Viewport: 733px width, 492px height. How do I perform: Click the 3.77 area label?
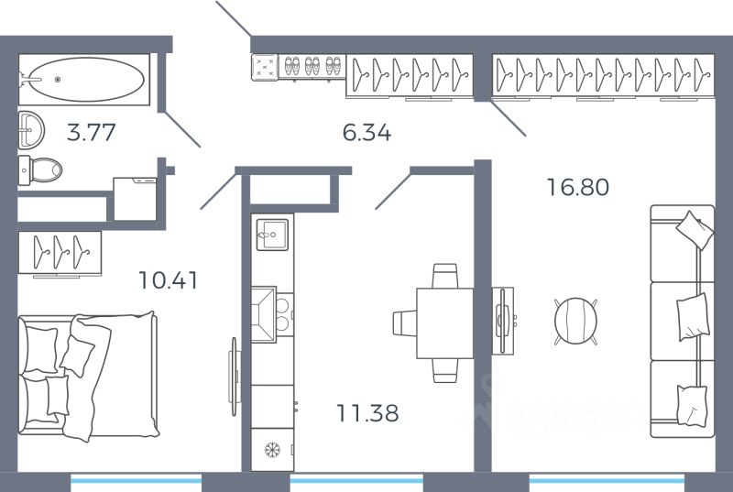91,132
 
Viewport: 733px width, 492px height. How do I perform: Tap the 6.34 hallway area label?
367,133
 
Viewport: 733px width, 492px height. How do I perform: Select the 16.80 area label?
578,187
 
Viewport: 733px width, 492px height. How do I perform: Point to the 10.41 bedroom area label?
169,279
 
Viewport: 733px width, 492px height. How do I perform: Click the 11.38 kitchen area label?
368,413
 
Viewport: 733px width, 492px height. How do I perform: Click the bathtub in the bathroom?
84,80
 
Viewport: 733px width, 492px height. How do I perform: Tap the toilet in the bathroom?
40,169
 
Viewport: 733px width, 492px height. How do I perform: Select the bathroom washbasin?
31,130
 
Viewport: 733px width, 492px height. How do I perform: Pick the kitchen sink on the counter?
272,235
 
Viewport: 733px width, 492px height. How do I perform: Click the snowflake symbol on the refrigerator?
272,450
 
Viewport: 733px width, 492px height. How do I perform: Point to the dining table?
445,323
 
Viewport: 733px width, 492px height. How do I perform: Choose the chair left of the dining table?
404,323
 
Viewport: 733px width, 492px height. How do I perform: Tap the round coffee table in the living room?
576,322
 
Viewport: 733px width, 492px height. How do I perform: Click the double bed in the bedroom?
88,377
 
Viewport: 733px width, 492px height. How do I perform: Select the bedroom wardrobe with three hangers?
60,253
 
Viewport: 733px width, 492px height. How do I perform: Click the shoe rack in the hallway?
312,67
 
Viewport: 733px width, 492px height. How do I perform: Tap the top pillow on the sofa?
695,230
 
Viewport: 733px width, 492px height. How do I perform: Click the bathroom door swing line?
182,129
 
